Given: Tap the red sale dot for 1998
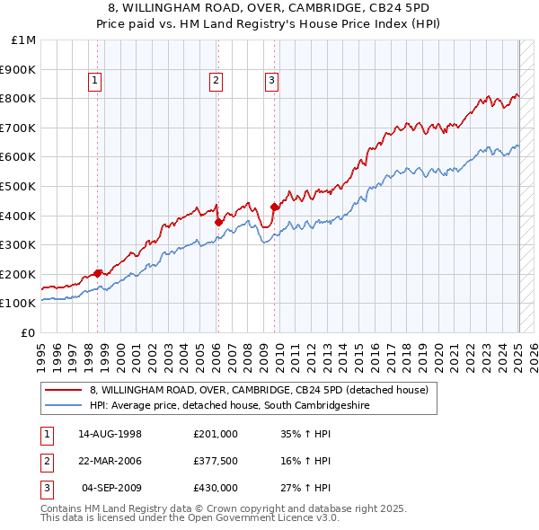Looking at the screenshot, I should [97, 273].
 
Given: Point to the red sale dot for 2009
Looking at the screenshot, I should [274, 207].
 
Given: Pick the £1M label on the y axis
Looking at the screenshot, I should [24, 40].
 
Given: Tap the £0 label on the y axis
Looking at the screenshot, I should [29, 332].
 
